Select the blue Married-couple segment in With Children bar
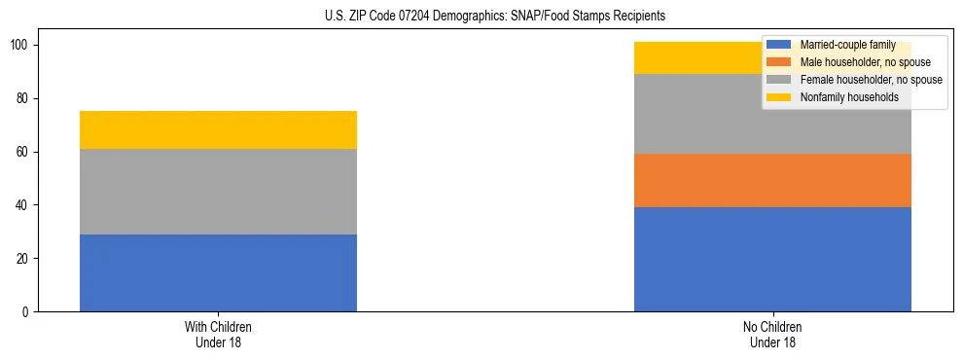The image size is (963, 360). (x=218, y=272)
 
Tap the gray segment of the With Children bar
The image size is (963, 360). (x=218, y=192)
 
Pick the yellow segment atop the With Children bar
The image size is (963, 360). (x=218, y=129)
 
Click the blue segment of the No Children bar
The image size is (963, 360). (x=772, y=259)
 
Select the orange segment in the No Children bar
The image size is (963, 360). (x=772, y=180)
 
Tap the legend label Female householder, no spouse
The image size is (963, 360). (x=871, y=80)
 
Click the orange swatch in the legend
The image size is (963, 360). (x=779, y=62)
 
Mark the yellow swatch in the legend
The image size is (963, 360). (x=779, y=97)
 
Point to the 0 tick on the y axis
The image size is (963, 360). (x=27, y=312)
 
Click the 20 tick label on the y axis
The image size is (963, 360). (x=24, y=259)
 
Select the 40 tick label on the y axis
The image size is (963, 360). (x=24, y=205)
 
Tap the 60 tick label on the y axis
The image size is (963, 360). (x=24, y=152)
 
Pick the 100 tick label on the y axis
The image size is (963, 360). (x=21, y=46)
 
